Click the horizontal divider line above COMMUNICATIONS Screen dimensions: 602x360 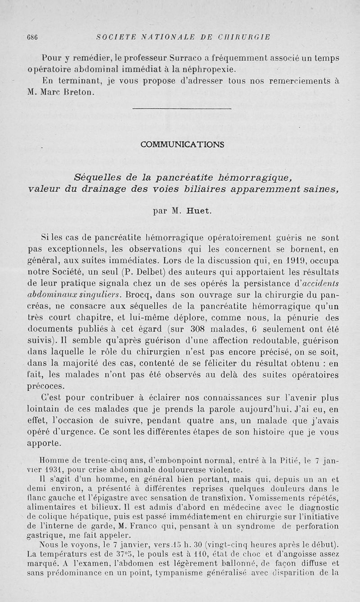[183, 109]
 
